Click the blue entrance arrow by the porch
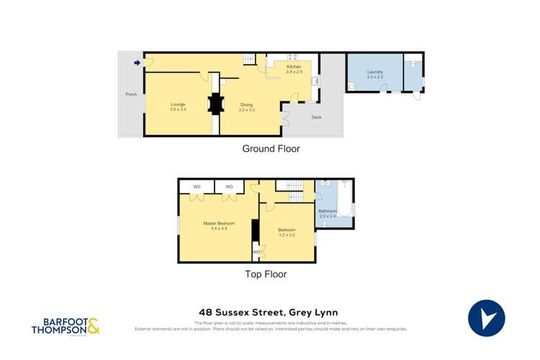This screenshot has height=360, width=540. [x=137, y=63]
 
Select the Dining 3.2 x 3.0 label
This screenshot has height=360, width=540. [x=247, y=107]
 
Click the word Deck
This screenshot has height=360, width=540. [x=316, y=117]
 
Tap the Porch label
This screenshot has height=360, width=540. [x=131, y=94]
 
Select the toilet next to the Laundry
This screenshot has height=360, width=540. [x=412, y=63]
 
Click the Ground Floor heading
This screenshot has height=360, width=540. [x=270, y=149]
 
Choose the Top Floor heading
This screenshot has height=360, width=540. [x=266, y=274]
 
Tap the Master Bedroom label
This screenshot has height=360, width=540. [x=219, y=225]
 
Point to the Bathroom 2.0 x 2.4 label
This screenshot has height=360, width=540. [x=328, y=213]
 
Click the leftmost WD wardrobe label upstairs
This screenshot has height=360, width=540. [x=197, y=187]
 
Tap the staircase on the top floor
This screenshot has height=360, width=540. [x=295, y=191]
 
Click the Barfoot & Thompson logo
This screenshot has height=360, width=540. [x=66, y=326]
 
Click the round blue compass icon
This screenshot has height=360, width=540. [x=487, y=318]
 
